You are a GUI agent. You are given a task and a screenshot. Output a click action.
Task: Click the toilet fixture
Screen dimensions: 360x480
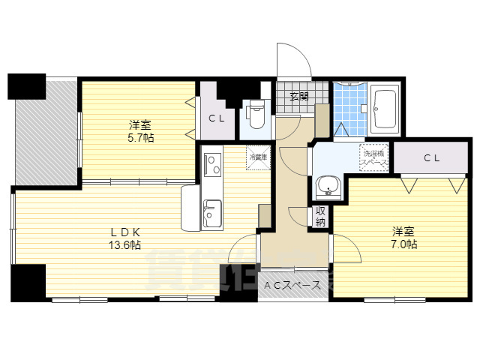[x=257, y=116]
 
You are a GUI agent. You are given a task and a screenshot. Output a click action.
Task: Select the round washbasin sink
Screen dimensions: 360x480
[x=327, y=186]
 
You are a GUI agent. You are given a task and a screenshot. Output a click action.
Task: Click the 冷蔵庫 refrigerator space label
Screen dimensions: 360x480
[x=259, y=157]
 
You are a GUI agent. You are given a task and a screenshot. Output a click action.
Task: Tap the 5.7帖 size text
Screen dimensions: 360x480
[x=139, y=139]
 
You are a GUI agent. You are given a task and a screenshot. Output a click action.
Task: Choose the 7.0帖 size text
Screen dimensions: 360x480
[x=403, y=244]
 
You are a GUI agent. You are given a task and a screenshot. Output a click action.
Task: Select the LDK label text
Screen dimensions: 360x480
[x=125, y=231]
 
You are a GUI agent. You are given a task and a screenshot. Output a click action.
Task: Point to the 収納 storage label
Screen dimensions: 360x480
[x=321, y=216]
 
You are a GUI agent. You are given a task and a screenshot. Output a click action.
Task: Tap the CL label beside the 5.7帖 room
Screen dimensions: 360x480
[x=217, y=118]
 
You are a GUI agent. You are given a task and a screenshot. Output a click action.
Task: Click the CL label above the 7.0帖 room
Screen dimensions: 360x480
[x=431, y=157]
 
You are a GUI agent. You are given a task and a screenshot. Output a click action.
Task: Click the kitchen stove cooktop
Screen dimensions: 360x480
[x=211, y=161]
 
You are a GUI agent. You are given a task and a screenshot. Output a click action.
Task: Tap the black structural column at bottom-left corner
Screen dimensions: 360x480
[x=28, y=281]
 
